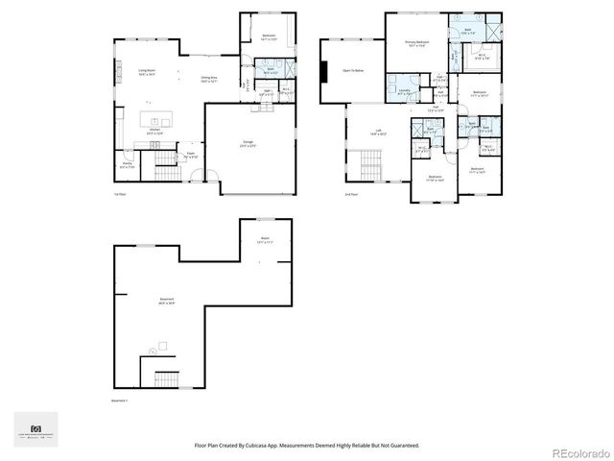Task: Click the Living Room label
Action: coord(147,72)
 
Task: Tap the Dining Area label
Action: coord(208,79)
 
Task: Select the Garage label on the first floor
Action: coord(248,142)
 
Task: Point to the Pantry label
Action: coord(127,165)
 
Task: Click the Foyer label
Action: coord(191,154)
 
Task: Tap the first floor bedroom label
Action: coord(269,37)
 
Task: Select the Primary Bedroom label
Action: coord(415,44)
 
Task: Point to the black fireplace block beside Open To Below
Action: coord(325,74)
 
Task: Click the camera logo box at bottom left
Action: coord(36,429)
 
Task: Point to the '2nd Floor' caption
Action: coord(350,194)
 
